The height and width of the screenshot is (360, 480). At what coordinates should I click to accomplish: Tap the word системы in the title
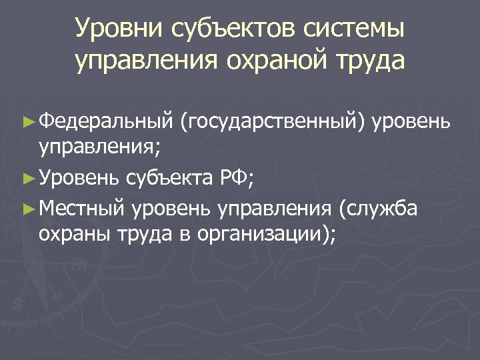coord(359,30)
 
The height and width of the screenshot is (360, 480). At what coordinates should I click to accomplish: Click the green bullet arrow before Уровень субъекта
coord(27,179)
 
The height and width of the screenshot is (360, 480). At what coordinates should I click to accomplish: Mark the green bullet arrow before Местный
coord(27,209)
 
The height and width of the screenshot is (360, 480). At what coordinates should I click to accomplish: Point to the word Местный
coord(82,208)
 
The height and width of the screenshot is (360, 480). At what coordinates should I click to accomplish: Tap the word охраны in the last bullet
coord(75,235)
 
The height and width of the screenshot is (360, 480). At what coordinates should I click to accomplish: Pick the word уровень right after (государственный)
coord(413,122)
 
